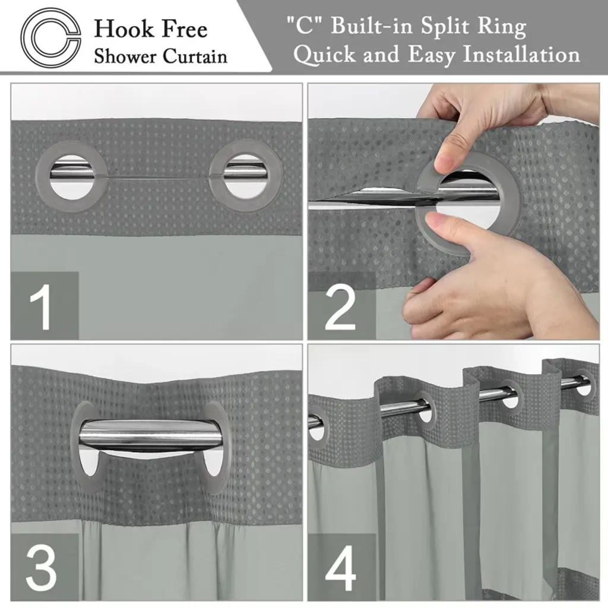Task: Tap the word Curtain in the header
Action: pyautogui.click(x=195, y=56)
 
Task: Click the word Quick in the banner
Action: pyautogui.click(x=325, y=55)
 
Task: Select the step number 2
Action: pyautogui.click(x=340, y=307)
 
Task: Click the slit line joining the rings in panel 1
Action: pyautogui.click(x=159, y=178)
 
